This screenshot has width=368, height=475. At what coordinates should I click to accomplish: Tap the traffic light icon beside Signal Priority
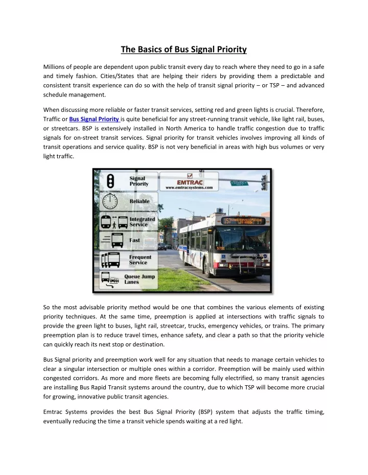[x=110, y=182]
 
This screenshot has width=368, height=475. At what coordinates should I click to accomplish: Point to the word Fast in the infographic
[x=135, y=240]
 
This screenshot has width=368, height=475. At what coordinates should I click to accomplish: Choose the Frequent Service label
[x=140, y=260]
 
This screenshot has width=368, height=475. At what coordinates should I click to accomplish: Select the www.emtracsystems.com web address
[x=190, y=188]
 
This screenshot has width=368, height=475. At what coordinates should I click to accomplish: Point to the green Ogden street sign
[x=239, y=183]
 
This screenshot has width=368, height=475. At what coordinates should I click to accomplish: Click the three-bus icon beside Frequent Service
[x=111, y=259]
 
